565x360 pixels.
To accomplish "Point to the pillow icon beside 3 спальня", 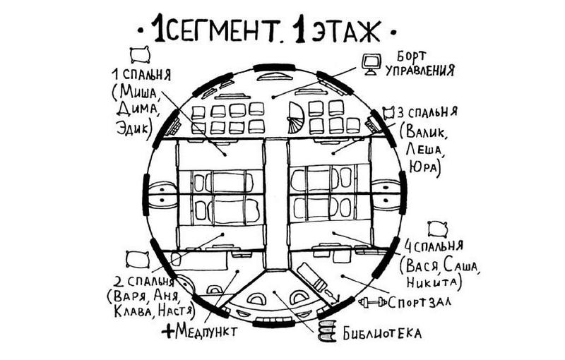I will [x=388, y=112].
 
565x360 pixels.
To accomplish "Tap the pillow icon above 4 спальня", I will [x=438, y=228].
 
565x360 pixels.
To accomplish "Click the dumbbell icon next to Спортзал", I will [x=373, y=303].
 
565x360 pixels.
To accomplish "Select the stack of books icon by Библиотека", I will [x=327, y=331].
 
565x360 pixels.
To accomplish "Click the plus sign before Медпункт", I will [x=167, y=330].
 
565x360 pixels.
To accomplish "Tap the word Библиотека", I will [x=381, y=332].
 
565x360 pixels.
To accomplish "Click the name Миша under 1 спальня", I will [x=138, y=92].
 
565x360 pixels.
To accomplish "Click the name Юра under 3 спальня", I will [x=423, y=167].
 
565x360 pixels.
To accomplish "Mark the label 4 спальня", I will [x=433, y=246].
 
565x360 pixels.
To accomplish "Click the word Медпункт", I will [x=204, y=330].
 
